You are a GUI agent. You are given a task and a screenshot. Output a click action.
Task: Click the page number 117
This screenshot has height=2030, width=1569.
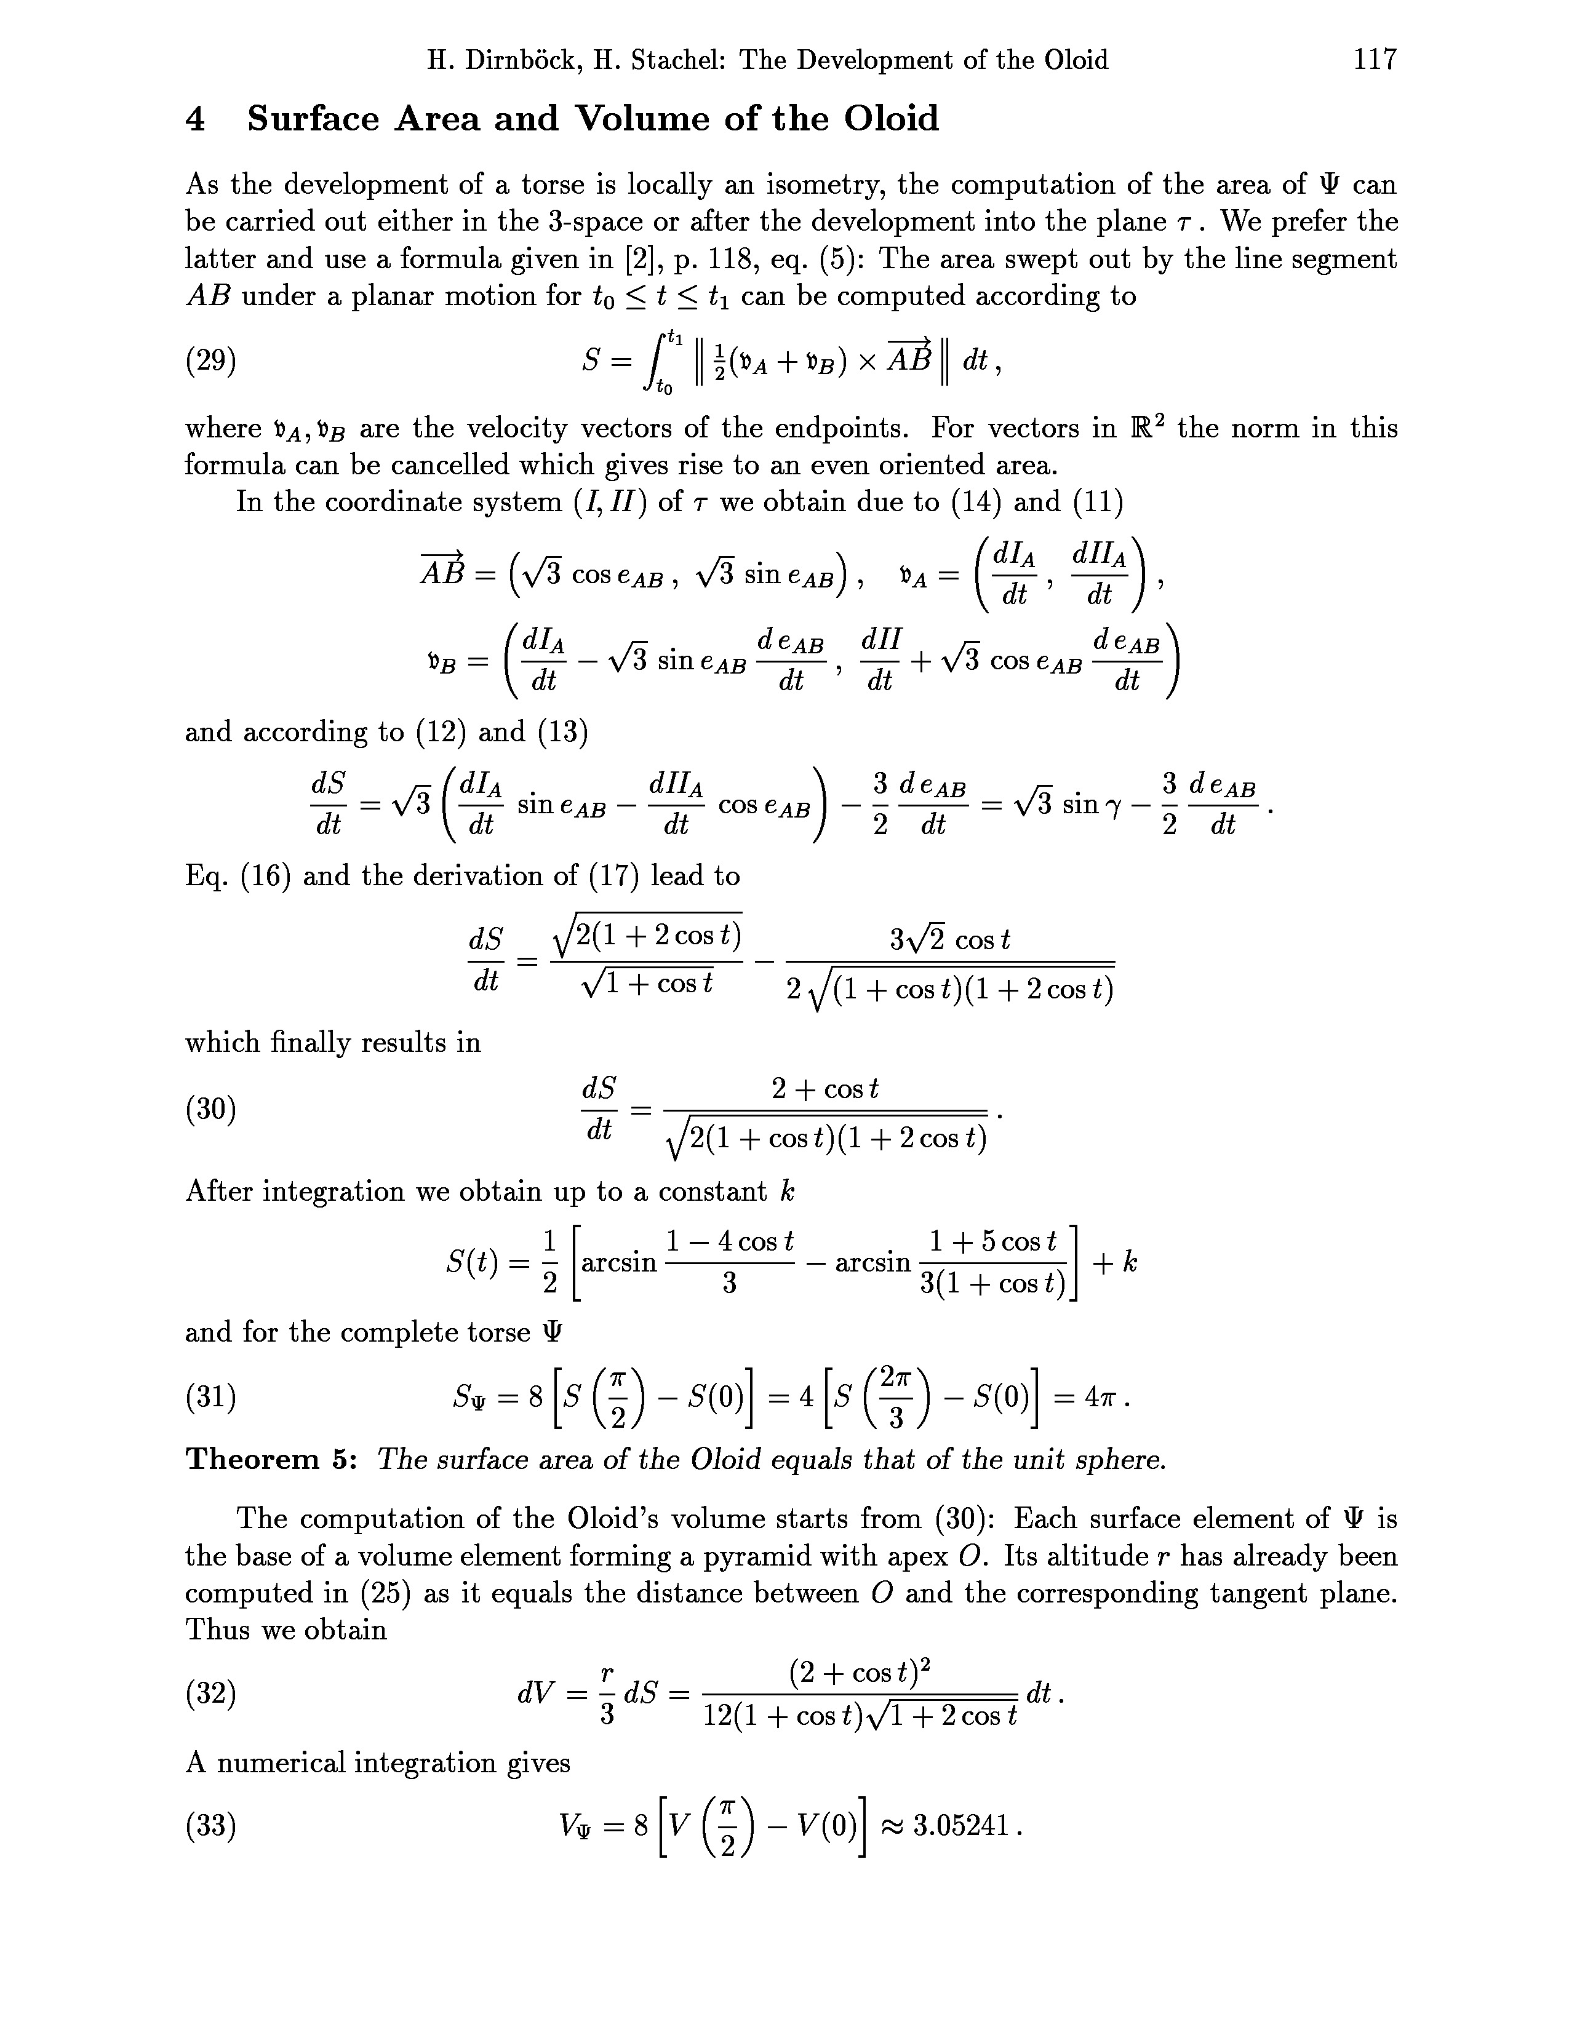1375,60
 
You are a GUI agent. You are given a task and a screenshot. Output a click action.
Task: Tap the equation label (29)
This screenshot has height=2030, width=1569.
211,360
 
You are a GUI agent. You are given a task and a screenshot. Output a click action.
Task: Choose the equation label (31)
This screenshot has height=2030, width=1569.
211,1397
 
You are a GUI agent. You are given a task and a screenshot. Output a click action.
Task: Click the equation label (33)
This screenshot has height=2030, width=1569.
211,1826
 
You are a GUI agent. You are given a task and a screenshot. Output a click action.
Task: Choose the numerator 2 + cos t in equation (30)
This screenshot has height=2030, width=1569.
825,1088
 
